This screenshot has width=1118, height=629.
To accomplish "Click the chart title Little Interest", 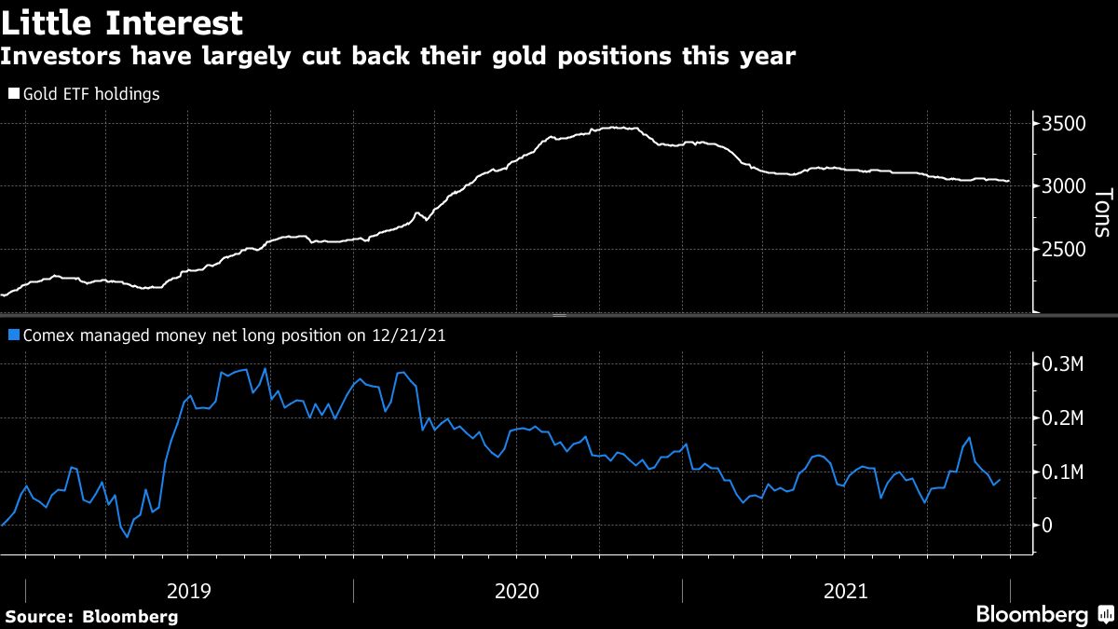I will point(122,23).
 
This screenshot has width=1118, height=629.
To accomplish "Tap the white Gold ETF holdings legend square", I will point(13,94).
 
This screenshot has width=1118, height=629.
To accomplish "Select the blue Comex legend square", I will point(13,335).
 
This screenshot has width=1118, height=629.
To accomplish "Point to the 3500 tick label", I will point(1064,124).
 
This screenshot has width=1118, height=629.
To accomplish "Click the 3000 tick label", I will point(1064,186).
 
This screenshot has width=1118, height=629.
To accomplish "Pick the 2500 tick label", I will point(1064,249).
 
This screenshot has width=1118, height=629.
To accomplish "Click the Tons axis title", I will point(1102,212).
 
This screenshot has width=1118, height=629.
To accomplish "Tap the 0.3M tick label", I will point(1062,364).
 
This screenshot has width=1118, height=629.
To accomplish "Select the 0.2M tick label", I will point(1062,418).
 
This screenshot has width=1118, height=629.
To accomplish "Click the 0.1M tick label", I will point(1062,472).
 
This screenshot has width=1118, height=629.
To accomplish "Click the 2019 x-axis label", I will point(189,591).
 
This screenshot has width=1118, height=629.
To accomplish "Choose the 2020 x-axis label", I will point(517,591).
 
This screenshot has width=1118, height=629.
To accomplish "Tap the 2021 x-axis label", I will point(846,591).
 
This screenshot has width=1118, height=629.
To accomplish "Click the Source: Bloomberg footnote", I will point(91,616).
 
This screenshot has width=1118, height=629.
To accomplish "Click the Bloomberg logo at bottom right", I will point(1032,614).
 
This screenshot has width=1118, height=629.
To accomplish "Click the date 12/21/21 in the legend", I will point(409,335).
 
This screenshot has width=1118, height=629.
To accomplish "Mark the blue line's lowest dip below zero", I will point(128,537).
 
